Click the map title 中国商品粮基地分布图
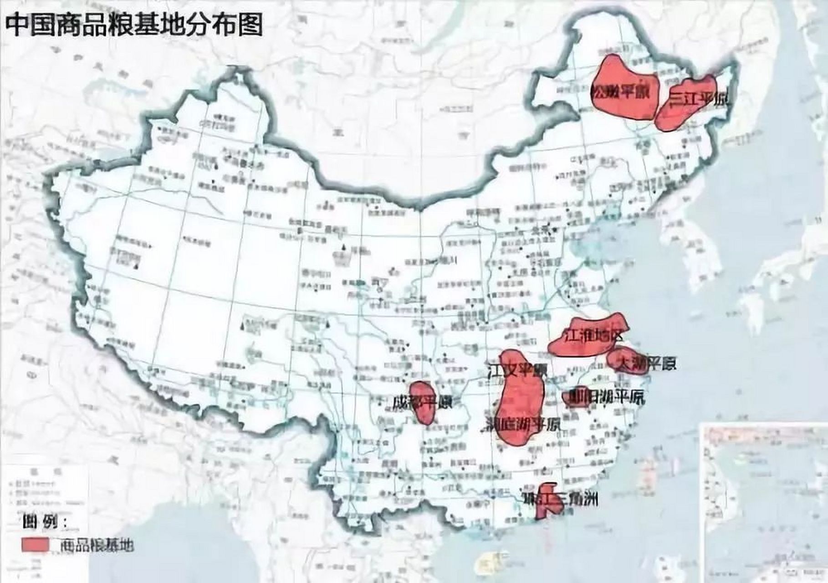(x=134, y=24)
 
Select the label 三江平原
(x=699, y=99)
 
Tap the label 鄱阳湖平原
(x=603, y=398)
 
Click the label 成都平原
(x=423, y=403)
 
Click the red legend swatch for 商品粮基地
(x=35, y=544)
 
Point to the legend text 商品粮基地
(x=97, y=545)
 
